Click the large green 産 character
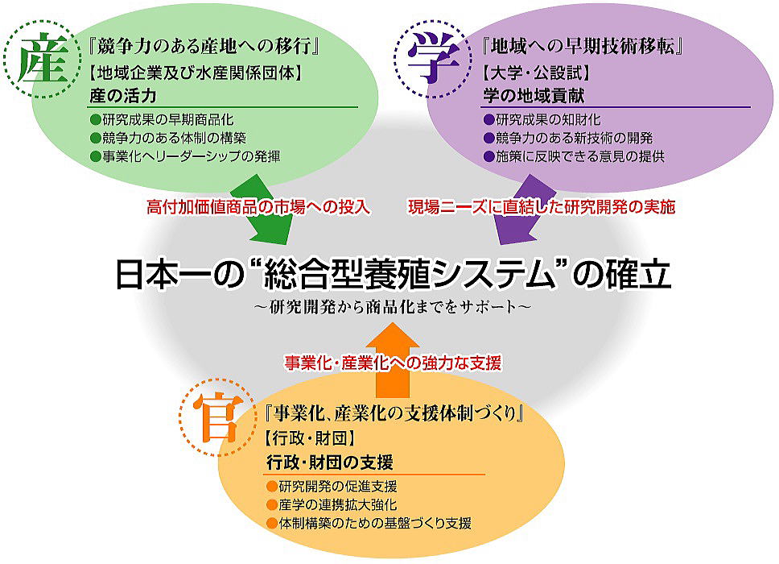click(x=43, y=60)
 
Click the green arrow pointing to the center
click(x=262, y=210)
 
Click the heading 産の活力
click(x=123, y=96)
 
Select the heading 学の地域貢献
click(x=534, y=96)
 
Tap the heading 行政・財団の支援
click(x=330, y=462)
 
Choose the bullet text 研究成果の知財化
click(x=548, y=120)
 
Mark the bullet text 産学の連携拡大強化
click(x=338, y=505)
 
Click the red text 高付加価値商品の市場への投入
click(x=258, y=207)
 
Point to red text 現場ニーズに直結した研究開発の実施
click(x=542, y=207)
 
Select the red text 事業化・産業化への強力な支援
click(x=393, y=363)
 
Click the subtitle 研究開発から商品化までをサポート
click(x=393, y=306)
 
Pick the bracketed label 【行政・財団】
click(x=310, y=438)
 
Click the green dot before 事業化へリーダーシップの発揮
click(x=96, y=157)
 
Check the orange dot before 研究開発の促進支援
click(x=272, y=487)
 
